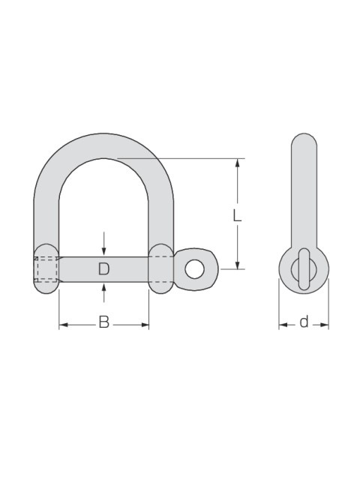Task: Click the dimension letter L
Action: point(237,215)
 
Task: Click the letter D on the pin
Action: point(103,268)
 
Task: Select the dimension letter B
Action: point(103,322)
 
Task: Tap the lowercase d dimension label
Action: point(304,322)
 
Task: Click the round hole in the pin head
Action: point(194,269)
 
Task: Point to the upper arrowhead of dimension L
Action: point(237,163)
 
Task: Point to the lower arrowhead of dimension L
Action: point(237,265)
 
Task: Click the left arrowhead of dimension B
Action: point(63,325)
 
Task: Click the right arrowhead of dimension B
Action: point(145,325)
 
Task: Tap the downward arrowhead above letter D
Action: point(103,252)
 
